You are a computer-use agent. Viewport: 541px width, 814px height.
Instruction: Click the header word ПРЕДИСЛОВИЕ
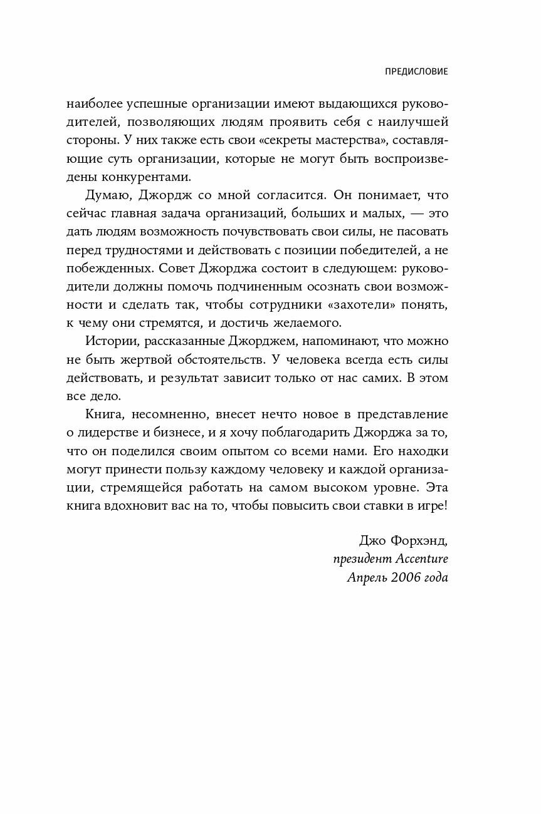point(416,72)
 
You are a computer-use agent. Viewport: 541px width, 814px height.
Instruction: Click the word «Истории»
point(107,342)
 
